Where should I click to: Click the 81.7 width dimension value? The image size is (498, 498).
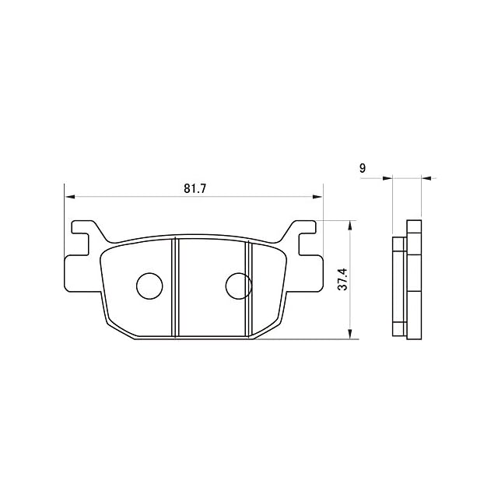[195, 188]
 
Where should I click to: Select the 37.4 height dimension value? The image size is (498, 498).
[343, 279]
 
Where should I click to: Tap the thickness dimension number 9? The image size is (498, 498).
[363, 168]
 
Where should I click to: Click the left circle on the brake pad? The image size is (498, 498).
[149, 286]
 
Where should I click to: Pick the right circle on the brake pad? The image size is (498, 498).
[239, 286]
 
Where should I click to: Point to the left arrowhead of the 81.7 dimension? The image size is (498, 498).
[69, 197]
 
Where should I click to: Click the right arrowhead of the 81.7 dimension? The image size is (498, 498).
[317, 197]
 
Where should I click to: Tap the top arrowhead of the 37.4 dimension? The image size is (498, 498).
[350, 226]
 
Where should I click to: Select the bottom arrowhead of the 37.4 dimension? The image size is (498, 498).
[350, 334]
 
